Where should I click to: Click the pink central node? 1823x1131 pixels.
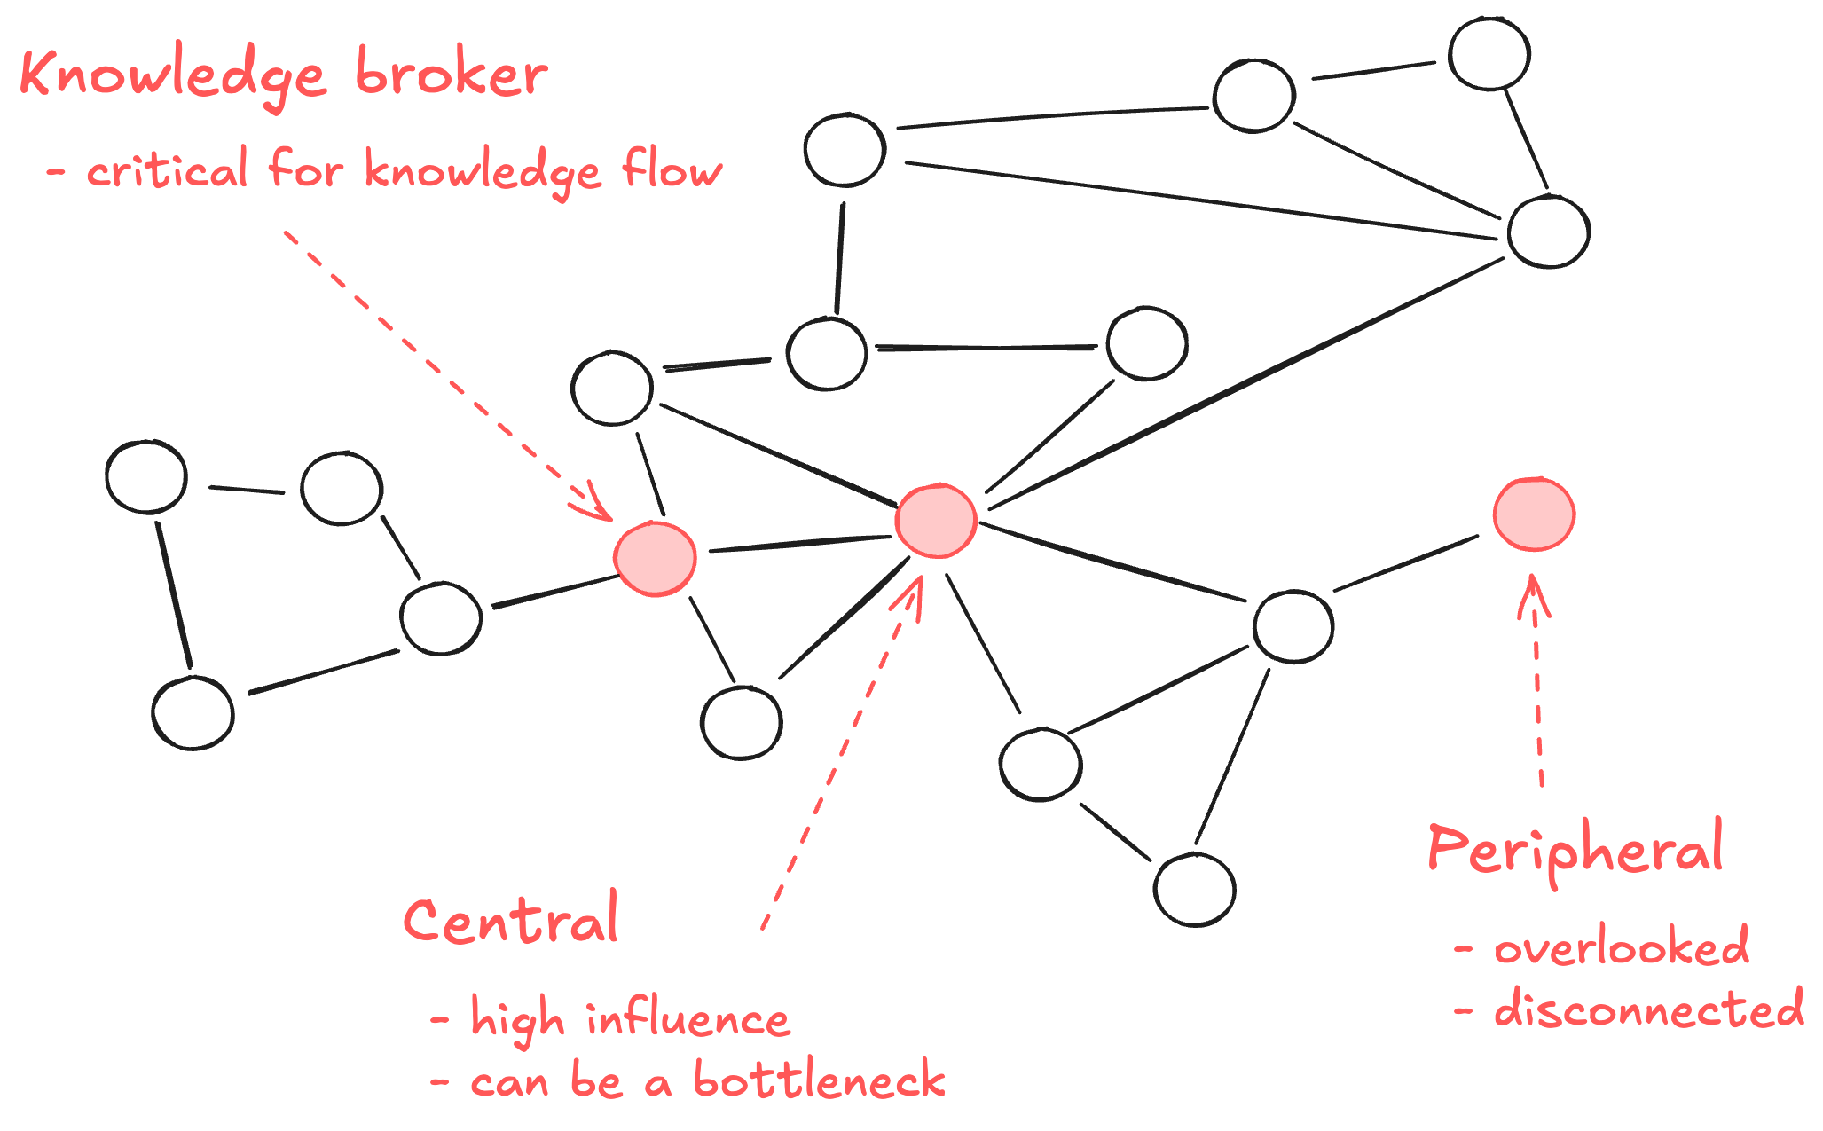pyautogui.click(x=936, y=521)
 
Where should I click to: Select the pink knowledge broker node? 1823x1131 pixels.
pyautogui.click(x=655, y=558)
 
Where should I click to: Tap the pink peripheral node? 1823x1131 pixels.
pyautogui.click(x=1534, y=514)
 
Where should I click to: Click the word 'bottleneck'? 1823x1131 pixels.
pyautogui.click(x=819, y=1080)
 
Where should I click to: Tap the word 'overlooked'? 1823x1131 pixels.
pyautogui.click(x=1622, y=947)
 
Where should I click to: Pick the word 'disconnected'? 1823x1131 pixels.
pyautogui.click(x=1648, y=1009)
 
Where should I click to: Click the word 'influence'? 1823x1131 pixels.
pyautogui.click(x=688, y=1018)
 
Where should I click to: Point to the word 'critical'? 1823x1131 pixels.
pyautogui.click(x=167, y=170)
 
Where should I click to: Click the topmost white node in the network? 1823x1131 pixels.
pyautogui.click(x=1489, y=54)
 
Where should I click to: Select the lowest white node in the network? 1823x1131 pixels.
pyautogui.click(x=1194, y=889)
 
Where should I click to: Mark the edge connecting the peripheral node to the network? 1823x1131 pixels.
pyautogui.click(x=1406, y=563)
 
